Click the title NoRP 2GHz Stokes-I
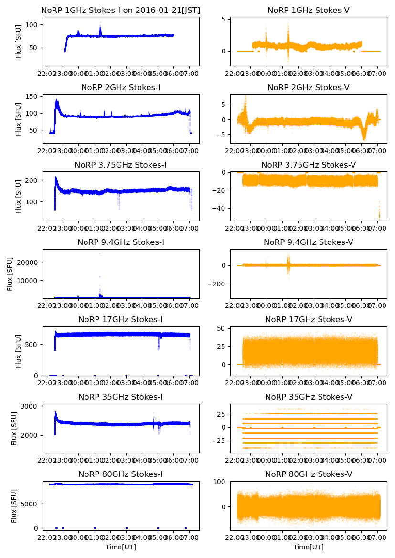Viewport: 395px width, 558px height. (121, 88)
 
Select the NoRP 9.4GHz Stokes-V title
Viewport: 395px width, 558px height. (308, 242)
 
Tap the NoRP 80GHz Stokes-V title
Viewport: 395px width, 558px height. (308, 474)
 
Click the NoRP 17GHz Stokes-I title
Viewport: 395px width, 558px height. (121, 319)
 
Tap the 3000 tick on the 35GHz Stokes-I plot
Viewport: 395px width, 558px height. (31, 406)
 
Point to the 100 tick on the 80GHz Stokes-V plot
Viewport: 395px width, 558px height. (221, 482)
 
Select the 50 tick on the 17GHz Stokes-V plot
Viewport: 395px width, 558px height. (223, 328)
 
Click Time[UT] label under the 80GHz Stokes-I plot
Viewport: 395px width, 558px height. (121, 547)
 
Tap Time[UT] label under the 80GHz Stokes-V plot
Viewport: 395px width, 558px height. (308, 547)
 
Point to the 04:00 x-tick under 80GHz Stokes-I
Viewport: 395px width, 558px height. (142, 538)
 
